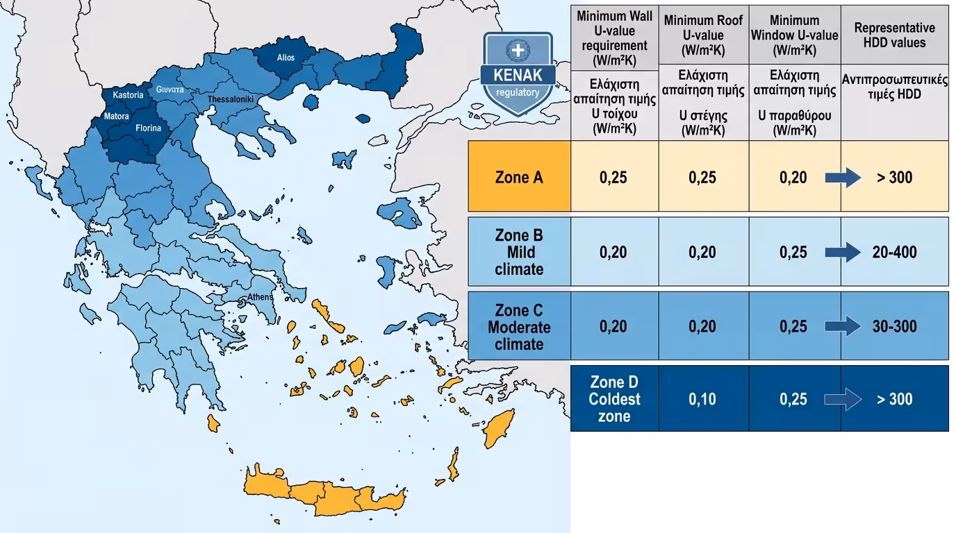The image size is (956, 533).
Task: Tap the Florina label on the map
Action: click(x=148, y=128)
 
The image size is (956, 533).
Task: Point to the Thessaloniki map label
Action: click(x=231, y=100)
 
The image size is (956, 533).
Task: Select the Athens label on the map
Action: click(x=261, y=298)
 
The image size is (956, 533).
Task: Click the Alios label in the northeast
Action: click(x=286, y=58)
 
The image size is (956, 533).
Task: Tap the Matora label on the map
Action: click(x=117, y=117)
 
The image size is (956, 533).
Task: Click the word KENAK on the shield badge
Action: click(x=518, y=75)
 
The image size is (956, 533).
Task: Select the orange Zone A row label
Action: click(x=519, y=177)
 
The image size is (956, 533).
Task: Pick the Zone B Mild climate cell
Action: click(x=519, y=252)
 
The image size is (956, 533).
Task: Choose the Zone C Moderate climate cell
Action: click(x=519, y=326)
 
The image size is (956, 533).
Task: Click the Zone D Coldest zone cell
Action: click(x=614, y=399)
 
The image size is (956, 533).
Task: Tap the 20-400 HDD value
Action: click(x=894, y=252)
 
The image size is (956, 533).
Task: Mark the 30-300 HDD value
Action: click(x=894, y=326)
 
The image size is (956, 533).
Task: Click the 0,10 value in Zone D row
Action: click(x=702, y=399)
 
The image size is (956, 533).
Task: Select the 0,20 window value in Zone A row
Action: click(x=793, y=178)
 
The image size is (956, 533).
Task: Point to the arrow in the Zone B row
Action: click(x=843, y=252)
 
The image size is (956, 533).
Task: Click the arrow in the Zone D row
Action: click(x=843, y=400)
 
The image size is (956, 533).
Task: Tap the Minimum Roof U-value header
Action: click(x=703, y=35)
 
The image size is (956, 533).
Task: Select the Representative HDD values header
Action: click(x=894, y=35)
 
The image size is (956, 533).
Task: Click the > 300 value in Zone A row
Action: click(x=894, y=178)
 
